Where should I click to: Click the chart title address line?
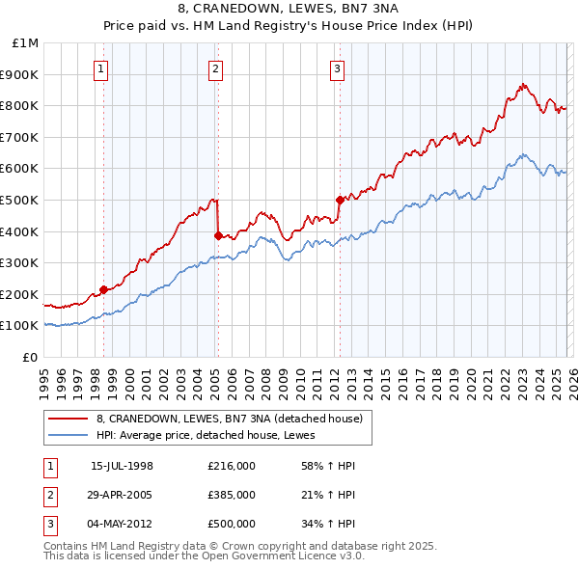289,10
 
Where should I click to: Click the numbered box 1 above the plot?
101,68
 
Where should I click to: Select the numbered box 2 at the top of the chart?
215,68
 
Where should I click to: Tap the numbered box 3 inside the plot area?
337,68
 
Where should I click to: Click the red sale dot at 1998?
103,288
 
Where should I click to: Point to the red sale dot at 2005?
218,235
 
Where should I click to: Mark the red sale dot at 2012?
339,200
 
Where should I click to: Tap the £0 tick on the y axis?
29,357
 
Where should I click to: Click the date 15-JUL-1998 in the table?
122,466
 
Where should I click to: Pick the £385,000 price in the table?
232,495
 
